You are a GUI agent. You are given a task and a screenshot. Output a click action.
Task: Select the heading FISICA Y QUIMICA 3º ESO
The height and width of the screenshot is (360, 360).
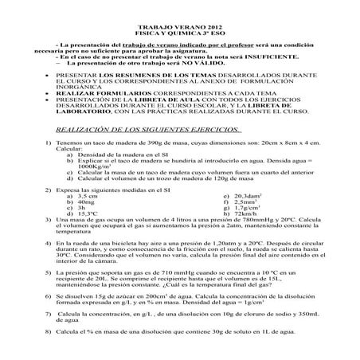(x=180, y=33)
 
